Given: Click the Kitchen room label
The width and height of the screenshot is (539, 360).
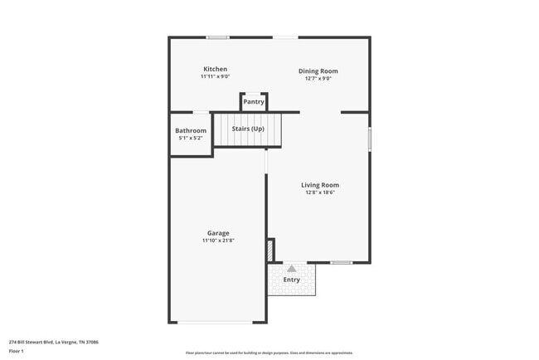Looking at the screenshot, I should [216, 69].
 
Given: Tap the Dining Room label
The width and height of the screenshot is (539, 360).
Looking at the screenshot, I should [318, 71].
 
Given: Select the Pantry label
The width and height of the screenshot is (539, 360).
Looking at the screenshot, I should [254, 102].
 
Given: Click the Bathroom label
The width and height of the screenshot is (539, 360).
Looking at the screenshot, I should [191, 130].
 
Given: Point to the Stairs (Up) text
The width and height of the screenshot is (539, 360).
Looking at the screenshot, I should [248, 129].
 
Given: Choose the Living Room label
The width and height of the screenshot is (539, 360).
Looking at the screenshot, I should [319, 185].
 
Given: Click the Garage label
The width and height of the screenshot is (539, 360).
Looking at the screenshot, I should [218, 233].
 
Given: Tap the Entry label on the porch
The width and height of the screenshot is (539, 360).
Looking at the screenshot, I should [292, 280].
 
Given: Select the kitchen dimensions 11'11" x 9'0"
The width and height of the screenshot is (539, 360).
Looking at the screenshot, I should [216, 76].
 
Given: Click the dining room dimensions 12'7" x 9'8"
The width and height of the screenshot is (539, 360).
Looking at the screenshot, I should [318, 80].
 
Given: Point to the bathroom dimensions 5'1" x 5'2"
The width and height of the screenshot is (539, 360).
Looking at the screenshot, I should [191, 138].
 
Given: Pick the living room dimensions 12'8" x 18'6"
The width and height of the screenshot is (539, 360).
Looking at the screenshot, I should [319, 192].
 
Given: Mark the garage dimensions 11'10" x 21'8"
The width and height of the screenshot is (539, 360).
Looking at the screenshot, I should [218, 241].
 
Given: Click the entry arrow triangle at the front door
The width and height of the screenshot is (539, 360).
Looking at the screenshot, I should [291, 268].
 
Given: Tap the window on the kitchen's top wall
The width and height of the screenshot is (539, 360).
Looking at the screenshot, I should [218, 37].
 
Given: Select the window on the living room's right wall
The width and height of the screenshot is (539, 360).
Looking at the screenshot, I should [370, 139].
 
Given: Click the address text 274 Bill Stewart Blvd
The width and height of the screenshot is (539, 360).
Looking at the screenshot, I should [54, 341].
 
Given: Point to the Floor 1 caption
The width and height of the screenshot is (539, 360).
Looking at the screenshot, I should [17, 351].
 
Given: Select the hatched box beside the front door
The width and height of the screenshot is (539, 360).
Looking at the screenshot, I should [270, 250].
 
